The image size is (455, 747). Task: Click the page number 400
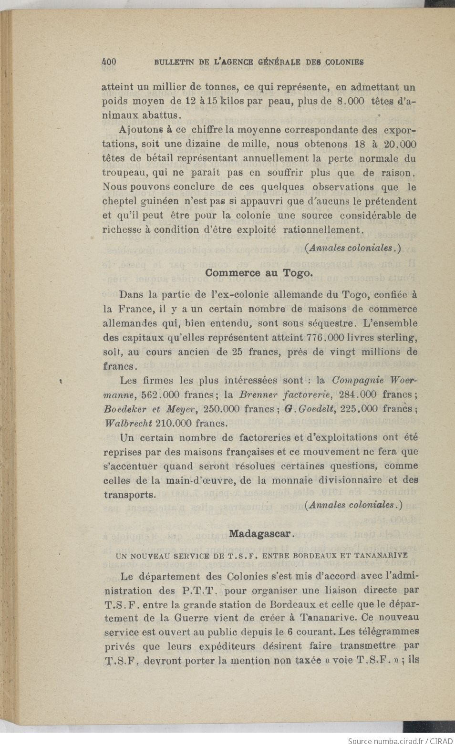tap(109, 62)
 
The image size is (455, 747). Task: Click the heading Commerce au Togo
tap(259, 273)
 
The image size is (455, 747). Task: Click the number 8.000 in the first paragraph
tap(351, 101)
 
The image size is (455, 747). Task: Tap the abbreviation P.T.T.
tap(200, 591)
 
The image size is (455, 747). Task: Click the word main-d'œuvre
tap(200, 480)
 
